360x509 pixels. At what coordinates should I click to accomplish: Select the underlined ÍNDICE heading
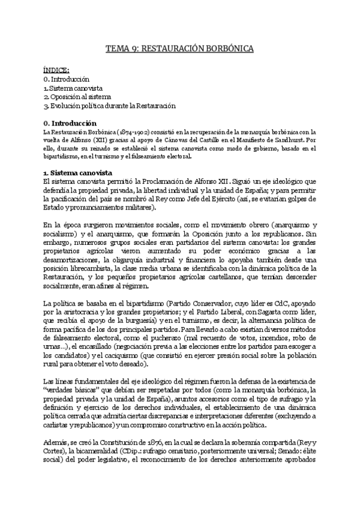56,70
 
